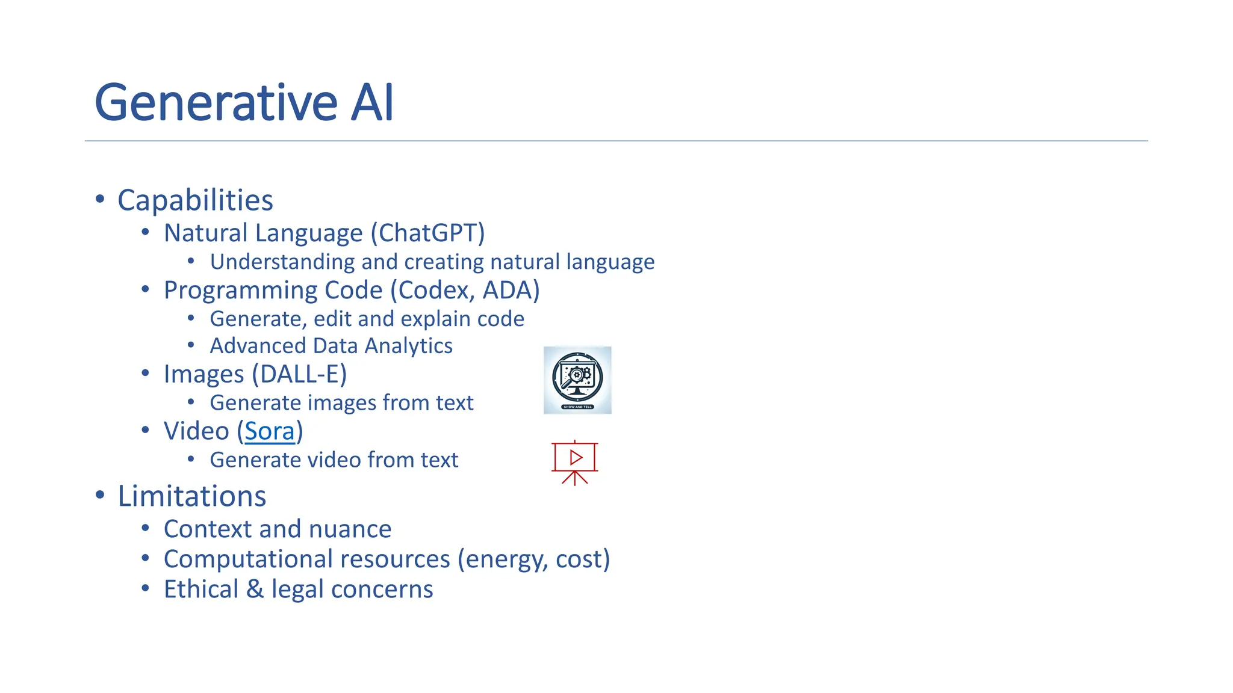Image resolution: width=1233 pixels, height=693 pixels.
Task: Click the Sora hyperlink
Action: (x=270, y=432)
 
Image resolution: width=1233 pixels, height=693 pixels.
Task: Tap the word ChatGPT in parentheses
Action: (x=427, y=233)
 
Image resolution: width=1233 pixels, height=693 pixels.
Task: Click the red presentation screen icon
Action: (x=575, y=462)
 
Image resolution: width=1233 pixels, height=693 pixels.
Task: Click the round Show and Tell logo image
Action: (x=577, y=380)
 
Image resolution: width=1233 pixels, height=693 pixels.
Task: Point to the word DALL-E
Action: (x=299, y=375)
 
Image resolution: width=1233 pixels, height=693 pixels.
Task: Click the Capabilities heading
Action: (x=195, y=200)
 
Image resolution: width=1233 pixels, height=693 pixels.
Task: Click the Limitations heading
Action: (x=191, y=497)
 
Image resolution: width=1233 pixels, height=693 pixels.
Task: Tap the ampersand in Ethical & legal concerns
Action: (x=255, y=590)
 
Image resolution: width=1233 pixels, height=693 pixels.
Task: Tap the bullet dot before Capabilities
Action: (x=100, y=199)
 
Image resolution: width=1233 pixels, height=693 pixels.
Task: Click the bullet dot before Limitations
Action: (x=100, y=495)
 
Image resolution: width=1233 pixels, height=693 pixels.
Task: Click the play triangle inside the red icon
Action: (x=576, y=458)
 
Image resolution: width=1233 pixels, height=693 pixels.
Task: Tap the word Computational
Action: (x=246, y=559)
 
